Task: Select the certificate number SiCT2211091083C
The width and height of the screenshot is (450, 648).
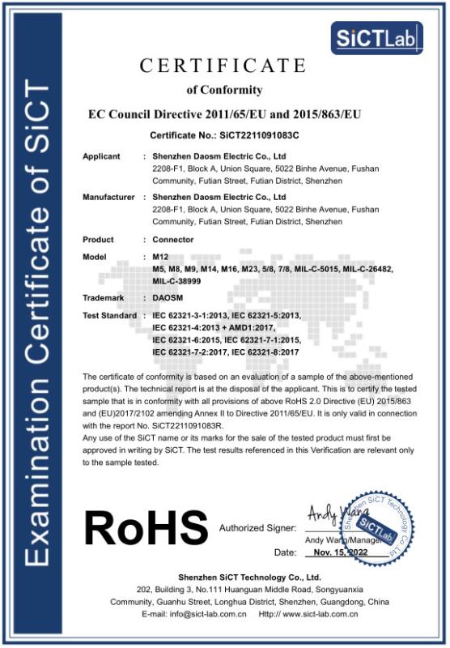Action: pyautogui.click(x=254, y=134)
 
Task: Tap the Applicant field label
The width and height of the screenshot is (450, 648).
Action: pyautogui.click(x=101, y=156)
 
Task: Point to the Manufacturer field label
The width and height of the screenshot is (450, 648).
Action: pyautogui.click(x=108, y=197)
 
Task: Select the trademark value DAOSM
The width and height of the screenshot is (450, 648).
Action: pyautogui.click(x=171, y=298)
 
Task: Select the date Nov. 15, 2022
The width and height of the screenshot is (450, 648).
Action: pyautogui.click(x=339, y=552)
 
